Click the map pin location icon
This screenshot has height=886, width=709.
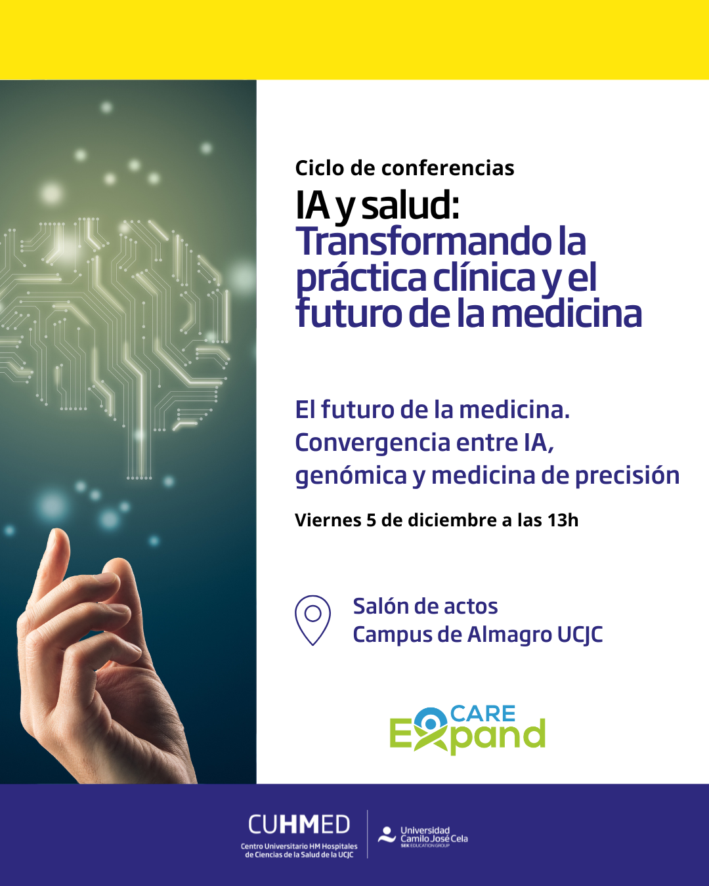312,620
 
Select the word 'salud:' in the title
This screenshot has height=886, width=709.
410,206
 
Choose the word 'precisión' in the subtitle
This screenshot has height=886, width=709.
627,476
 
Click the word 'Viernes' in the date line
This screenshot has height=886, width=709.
328,520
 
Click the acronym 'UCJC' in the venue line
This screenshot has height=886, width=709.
580,635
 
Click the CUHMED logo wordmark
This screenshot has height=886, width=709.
299,825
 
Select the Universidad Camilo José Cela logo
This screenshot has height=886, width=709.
423,837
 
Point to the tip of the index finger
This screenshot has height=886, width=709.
58,532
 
